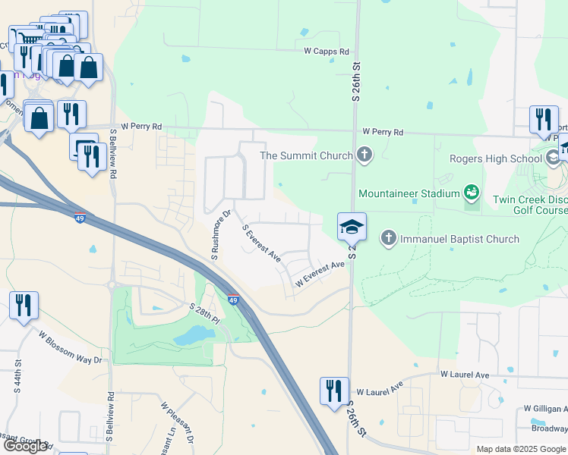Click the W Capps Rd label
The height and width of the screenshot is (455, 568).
(327, 52)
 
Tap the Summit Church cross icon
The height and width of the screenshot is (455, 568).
(364, 155)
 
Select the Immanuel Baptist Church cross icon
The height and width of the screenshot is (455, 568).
(388, 239)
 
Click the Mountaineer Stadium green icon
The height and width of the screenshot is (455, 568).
(472, 193)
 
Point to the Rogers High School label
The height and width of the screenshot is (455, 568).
(496, 158)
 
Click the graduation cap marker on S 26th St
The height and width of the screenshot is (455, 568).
(352, 226)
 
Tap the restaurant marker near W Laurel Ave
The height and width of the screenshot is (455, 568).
(334, 391)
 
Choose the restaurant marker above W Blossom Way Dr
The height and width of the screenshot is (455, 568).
(24, 306)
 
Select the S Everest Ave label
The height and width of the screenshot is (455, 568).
(261, 243)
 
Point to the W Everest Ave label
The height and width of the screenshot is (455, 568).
(320, 274)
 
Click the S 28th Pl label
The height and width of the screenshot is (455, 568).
(205, 313)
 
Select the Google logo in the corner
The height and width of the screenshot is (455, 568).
(25, 446)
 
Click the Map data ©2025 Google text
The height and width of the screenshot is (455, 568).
(521, 449)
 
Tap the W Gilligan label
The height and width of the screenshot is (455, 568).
(545, 409)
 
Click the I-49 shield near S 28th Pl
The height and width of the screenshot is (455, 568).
(233, 300)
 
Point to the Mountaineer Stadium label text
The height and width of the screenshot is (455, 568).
(410, 193)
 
